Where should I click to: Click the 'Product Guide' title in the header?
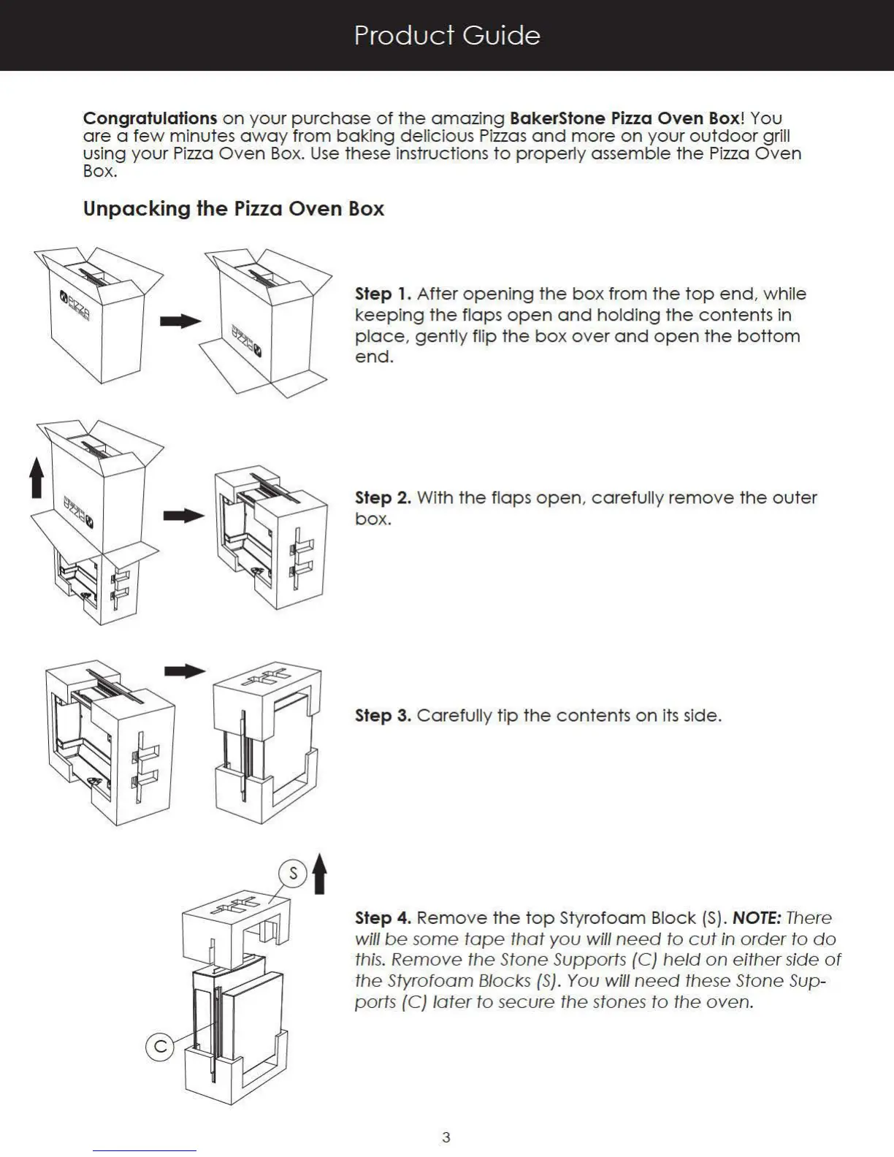[447, 35]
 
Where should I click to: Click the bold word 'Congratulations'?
[150, 118]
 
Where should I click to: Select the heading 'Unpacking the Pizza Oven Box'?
[233, 209]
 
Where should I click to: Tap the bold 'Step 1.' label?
[383, 294]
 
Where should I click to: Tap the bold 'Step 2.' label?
[383, 498]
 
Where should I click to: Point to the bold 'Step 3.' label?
[383, 716]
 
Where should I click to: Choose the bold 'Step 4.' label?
[383, 918]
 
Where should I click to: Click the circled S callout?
[293, 873]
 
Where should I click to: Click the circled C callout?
[160, 1047]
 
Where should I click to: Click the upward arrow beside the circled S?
[319, 874]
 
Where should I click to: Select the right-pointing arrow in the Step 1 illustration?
[180, 321]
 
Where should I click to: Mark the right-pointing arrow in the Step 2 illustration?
[183, 516]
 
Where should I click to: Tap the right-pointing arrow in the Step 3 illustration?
[185, 671]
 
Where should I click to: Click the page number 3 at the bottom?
[446, 1137]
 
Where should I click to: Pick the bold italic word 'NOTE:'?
[757, 918]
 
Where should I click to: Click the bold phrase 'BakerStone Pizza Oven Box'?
[624, 118]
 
